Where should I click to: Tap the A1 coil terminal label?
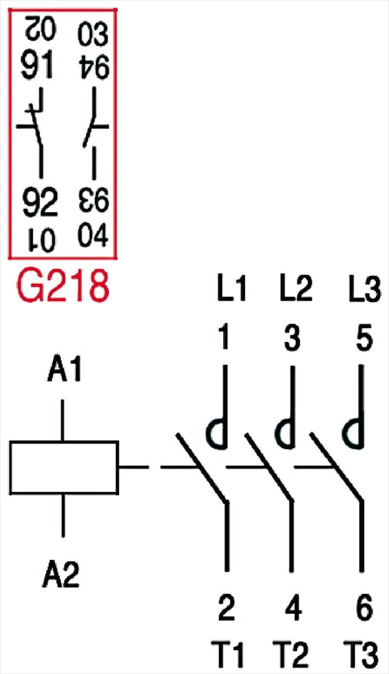click(64, 369)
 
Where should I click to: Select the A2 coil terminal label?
click(61, 574)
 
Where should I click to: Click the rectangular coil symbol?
click(64, 467)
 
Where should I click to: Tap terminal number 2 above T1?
click(226, 608)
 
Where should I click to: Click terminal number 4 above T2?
click(293, 608)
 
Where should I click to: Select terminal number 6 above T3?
click(364, 608)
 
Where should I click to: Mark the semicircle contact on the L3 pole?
click(354, 432)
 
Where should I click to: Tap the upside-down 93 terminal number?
click(93, 200)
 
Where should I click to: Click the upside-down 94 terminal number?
click(93, 68)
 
